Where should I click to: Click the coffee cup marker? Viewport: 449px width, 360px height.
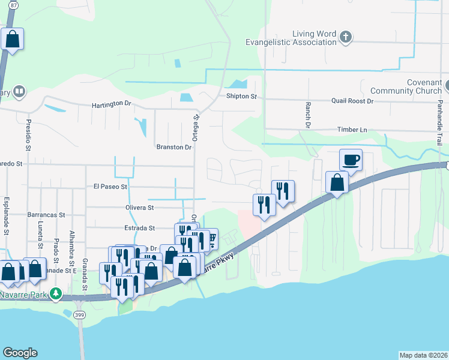(351, 160)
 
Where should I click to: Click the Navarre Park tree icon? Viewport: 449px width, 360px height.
(56, 293)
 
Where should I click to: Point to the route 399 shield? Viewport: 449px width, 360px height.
(80, 314)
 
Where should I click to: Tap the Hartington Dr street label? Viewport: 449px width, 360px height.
(111, 104)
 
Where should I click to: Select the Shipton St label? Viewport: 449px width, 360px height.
(241, 96)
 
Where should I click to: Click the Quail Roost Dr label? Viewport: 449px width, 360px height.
(352, 101)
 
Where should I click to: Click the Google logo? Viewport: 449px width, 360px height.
(20, 353)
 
